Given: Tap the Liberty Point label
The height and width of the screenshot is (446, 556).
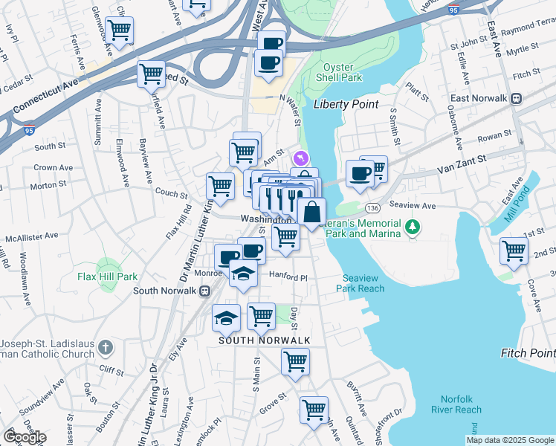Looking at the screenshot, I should (x=346, y=105).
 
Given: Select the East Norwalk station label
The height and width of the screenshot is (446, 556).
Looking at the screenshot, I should (x=479, y=98).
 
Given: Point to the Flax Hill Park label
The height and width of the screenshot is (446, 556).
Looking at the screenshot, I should (x=108, y=277).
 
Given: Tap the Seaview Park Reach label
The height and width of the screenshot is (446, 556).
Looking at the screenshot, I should (x=363, y=283).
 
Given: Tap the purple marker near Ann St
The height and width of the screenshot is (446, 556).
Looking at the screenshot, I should (x=300, y=158).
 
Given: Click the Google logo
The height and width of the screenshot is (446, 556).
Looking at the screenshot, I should (x=25, y=437).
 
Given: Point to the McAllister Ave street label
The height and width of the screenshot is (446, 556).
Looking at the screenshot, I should (x=31, y=236).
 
